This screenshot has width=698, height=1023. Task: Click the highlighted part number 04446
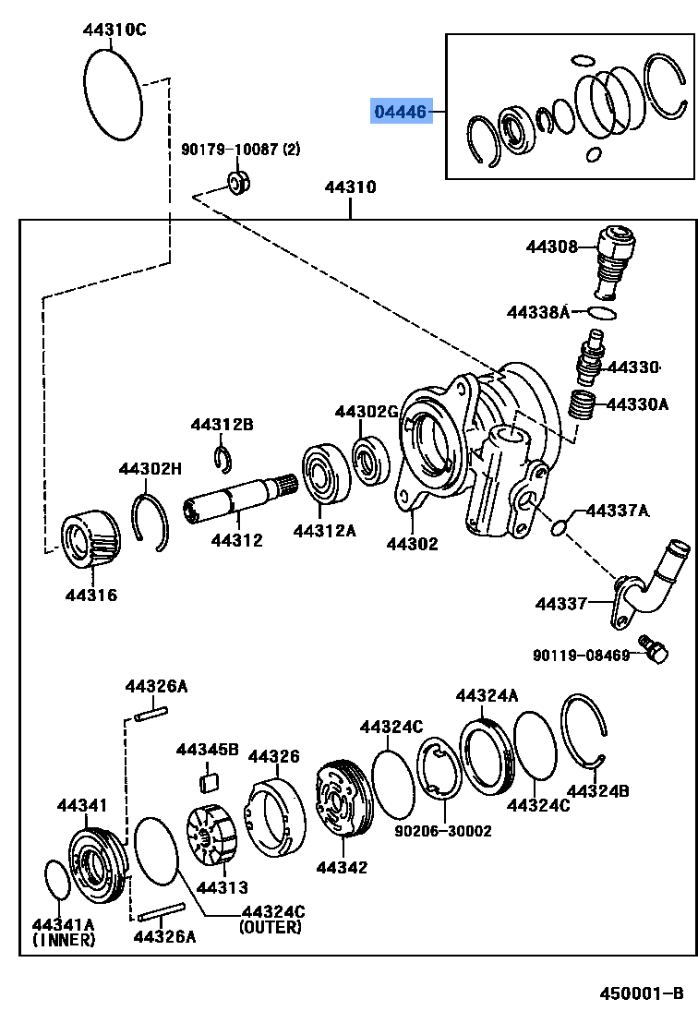(x=400, y=112)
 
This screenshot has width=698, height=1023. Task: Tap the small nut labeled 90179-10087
(x=239, y=182)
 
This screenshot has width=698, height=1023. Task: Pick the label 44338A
(x=538, y=312)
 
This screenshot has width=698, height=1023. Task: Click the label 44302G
(x=366, y=412)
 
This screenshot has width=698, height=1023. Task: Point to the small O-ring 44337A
(x=559, y=527)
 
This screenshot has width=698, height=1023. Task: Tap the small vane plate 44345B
(x=209, y=783)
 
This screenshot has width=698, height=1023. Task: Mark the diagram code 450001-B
(x=639, y=993)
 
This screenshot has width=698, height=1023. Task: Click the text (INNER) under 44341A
(x=64, y=940)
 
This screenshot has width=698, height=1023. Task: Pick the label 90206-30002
(x=443, y=831)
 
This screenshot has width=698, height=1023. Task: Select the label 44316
(x=90, y=596)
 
